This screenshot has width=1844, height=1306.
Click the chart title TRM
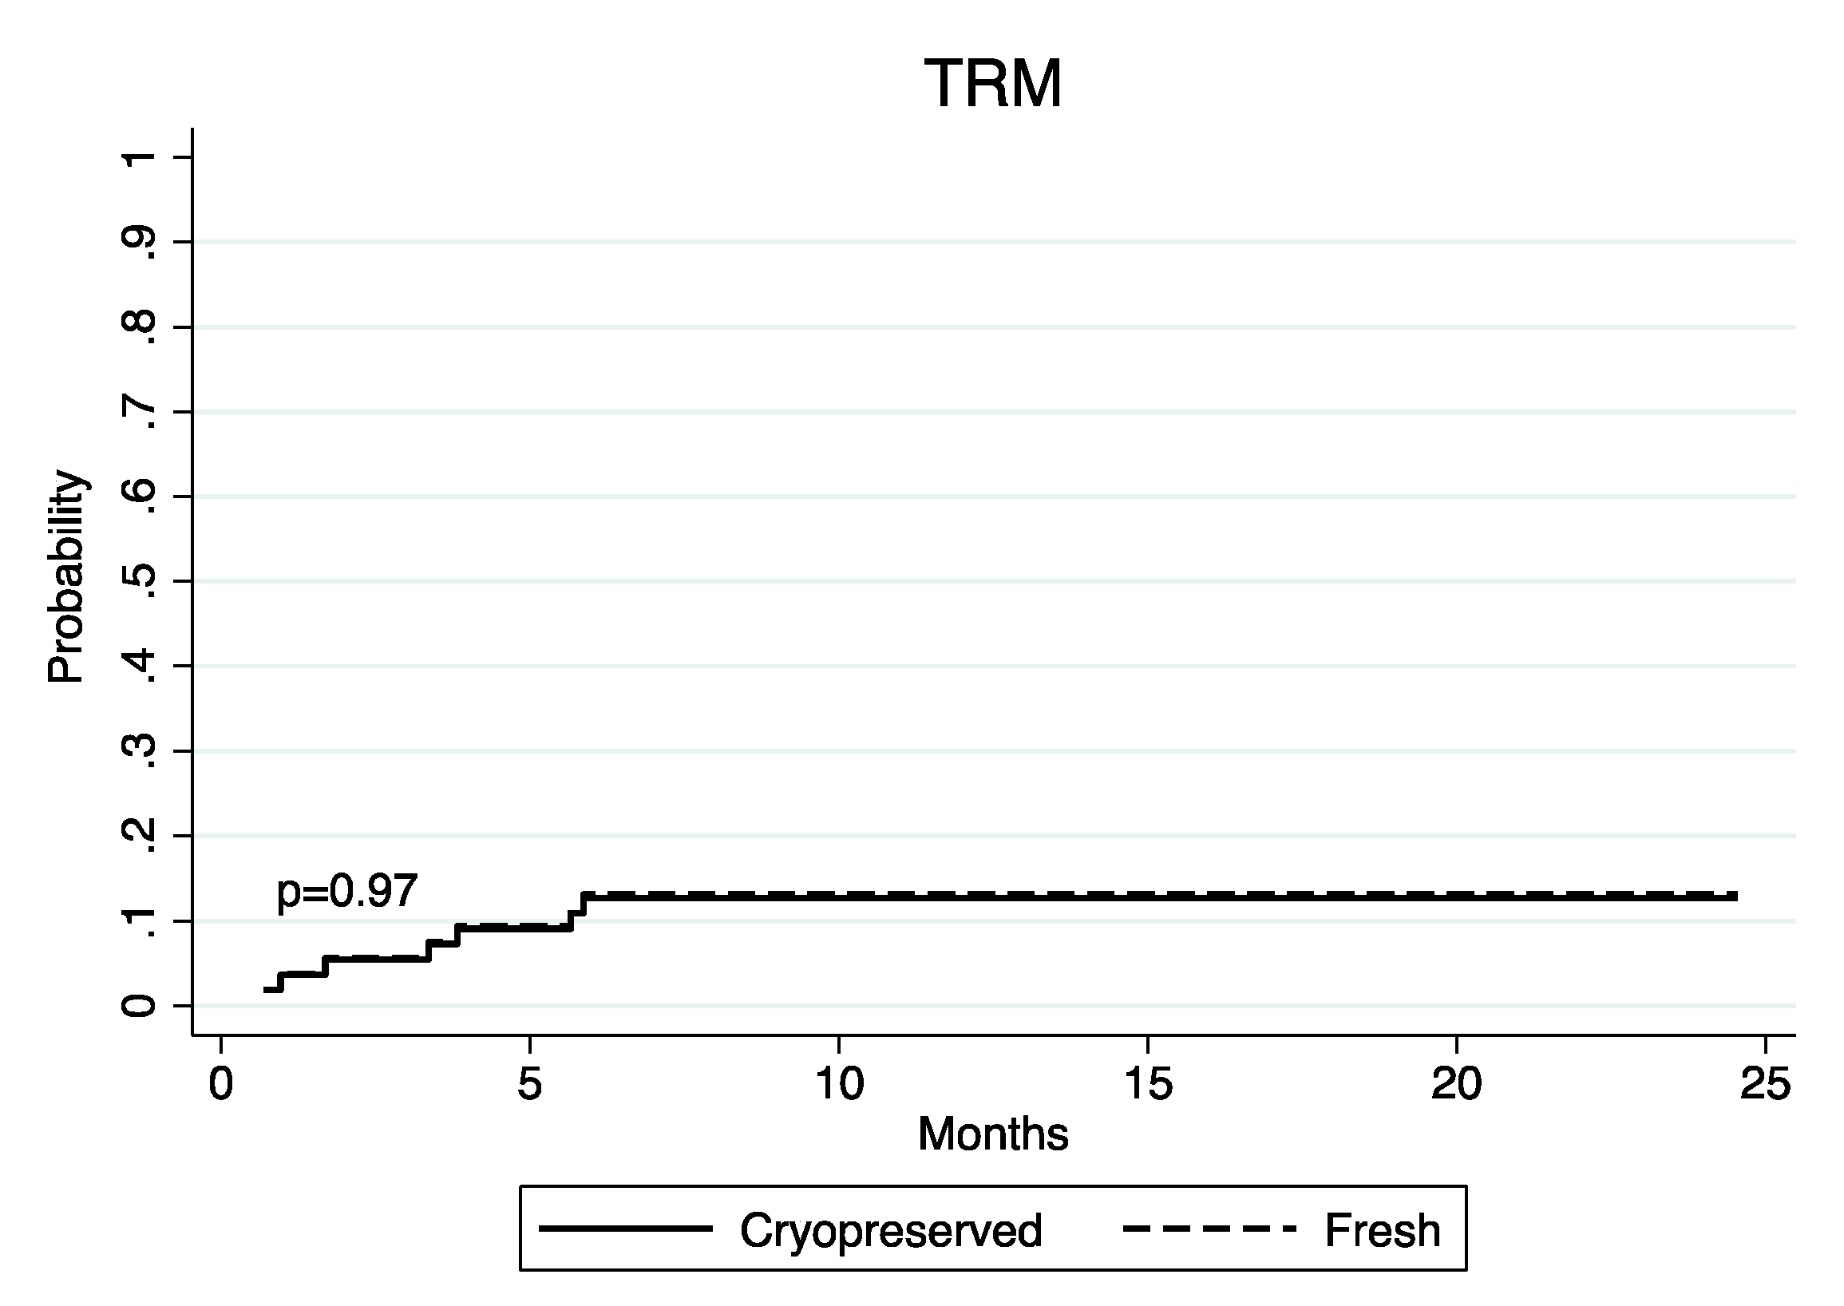click(x=993, y=84)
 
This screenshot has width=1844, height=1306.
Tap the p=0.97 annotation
click(x=346, y=891)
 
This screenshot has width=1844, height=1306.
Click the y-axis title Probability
click(x=65, y=577)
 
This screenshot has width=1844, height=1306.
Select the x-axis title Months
click(x=993, y=1134)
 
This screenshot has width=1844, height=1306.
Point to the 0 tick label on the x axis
click(x=220, y=1084)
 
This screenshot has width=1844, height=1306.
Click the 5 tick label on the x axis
click(x=529, y=1084)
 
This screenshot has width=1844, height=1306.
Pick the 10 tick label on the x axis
click(x=839, y=1084)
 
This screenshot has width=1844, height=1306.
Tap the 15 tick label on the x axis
click(x=1148, y=1084)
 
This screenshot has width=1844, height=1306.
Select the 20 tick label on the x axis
click(x=1456, y=1084)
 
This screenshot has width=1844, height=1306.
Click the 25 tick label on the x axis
click(x=1765, y=1084)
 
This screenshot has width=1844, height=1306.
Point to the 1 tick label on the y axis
click(x=138, y=156)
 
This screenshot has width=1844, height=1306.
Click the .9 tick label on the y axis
click(x=138, y=243)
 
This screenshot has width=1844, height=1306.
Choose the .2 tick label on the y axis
click(x=138, y=837)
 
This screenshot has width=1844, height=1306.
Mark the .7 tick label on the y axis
click(x=138, y=413)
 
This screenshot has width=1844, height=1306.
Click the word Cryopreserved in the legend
click(x=890, y=1231)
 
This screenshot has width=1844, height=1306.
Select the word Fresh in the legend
click(x=1383, y=1231)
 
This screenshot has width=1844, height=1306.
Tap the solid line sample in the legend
click(x=626, y=1229)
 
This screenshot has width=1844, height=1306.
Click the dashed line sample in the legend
click(x=1209, y=1229)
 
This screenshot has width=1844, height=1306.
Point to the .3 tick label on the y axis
click(x=138, y=752)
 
